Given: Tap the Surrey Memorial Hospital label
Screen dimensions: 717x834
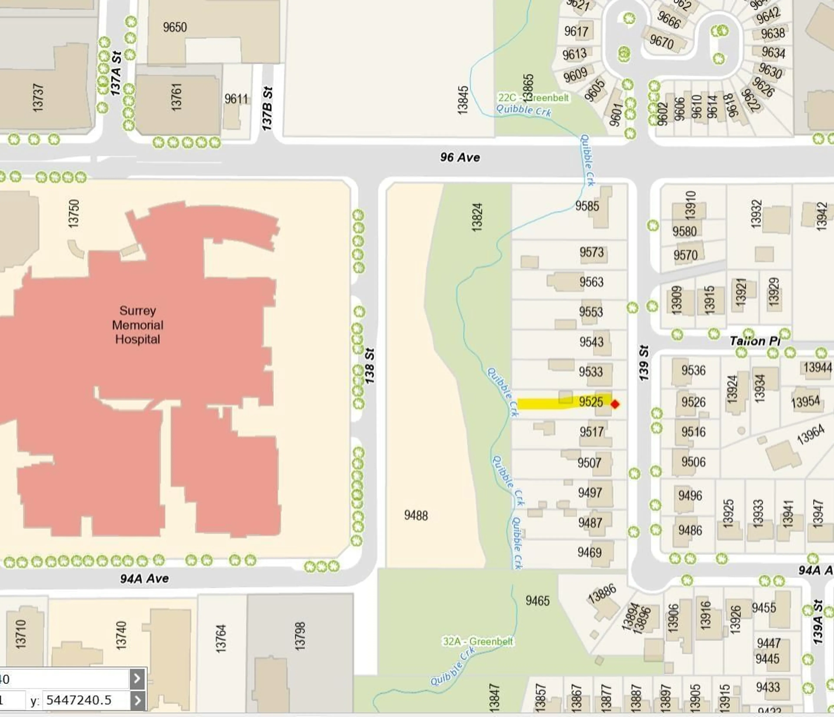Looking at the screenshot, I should point(138,325).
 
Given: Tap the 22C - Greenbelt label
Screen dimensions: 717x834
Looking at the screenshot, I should point(533,98).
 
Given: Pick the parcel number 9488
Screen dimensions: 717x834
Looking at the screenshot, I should point(416,515).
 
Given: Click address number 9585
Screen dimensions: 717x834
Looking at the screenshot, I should point(587,206).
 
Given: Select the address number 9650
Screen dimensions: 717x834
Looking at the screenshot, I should point(175,27).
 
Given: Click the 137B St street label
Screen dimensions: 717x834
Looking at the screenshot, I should point(268,109).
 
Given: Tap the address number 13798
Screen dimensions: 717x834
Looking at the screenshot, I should point(300,636).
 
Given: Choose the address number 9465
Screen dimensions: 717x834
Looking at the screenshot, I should point(537,601).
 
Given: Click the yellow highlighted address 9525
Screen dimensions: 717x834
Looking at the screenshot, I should point(591,402).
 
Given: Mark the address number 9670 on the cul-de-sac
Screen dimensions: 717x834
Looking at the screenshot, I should point(661,41).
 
